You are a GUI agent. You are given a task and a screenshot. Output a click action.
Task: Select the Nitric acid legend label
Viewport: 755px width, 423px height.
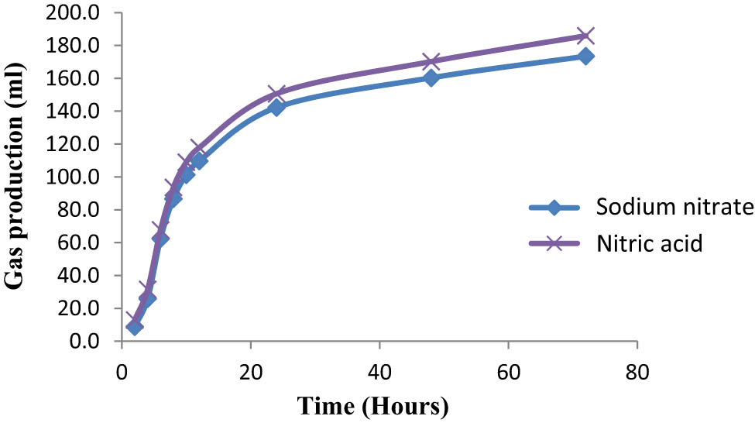pyautogui.click(x=649, y=244)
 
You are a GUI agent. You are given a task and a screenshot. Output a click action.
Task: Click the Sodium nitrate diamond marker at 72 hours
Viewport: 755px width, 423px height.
pyautogui.click(x=585, y=56)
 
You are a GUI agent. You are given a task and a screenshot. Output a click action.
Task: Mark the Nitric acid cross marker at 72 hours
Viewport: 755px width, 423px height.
pyautogui.click(x=585, y=36)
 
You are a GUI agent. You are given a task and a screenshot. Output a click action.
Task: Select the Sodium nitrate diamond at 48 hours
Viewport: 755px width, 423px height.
pyautogui.click(x=431, y=77)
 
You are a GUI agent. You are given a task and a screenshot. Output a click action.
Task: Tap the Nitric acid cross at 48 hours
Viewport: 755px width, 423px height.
pyautogui.click(x=431, y=61)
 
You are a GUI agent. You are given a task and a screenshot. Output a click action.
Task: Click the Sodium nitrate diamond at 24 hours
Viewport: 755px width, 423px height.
pyautogui.click(x=276, y=107)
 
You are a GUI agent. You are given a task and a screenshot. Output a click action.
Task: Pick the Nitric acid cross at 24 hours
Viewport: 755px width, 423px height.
pyautogui.click(x=276, y=94)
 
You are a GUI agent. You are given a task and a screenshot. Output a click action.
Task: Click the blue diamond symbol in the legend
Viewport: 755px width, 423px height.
pyautogui.click(x=553, y=208)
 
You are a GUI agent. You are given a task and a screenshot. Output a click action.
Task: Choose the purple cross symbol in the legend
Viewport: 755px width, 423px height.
pyautogui.click(x=553, y=244)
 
